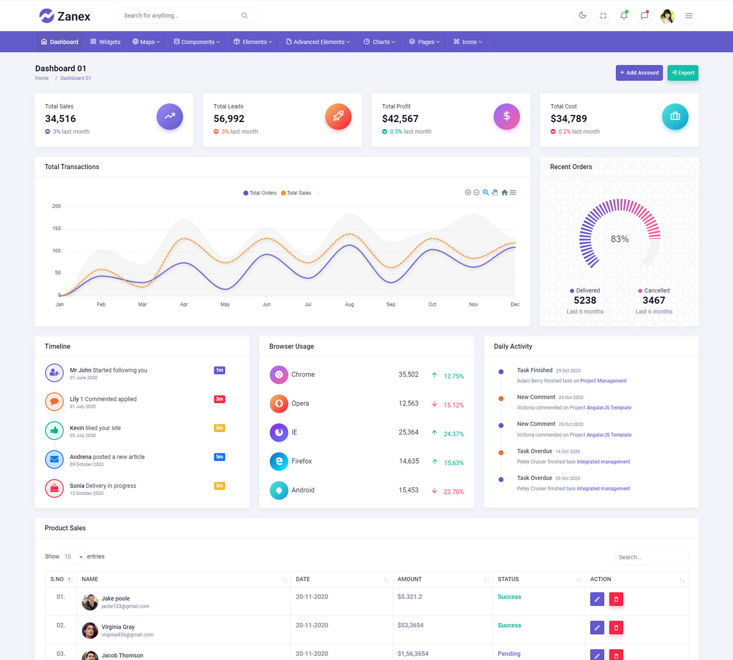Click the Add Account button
click(639, 73)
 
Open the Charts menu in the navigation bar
click(379, 42)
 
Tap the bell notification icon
click(624, 16)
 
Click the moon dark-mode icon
click(582, 16)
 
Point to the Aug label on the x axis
click(349, 304)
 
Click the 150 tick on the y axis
click(57, 228)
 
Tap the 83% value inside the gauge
click(619, 239)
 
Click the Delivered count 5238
click(585, 300)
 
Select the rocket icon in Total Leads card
click(338, 117)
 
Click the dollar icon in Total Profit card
click(506, 117)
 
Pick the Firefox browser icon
click(279, 461)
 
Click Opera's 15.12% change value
click(454, 405)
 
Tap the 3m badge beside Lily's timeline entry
click(219, 399)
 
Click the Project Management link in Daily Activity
click(603, 381)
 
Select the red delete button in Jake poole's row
click(616, 599)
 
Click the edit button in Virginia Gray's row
click(597, 627)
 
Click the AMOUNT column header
click(410, 579)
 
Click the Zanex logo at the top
click(65, 16)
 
